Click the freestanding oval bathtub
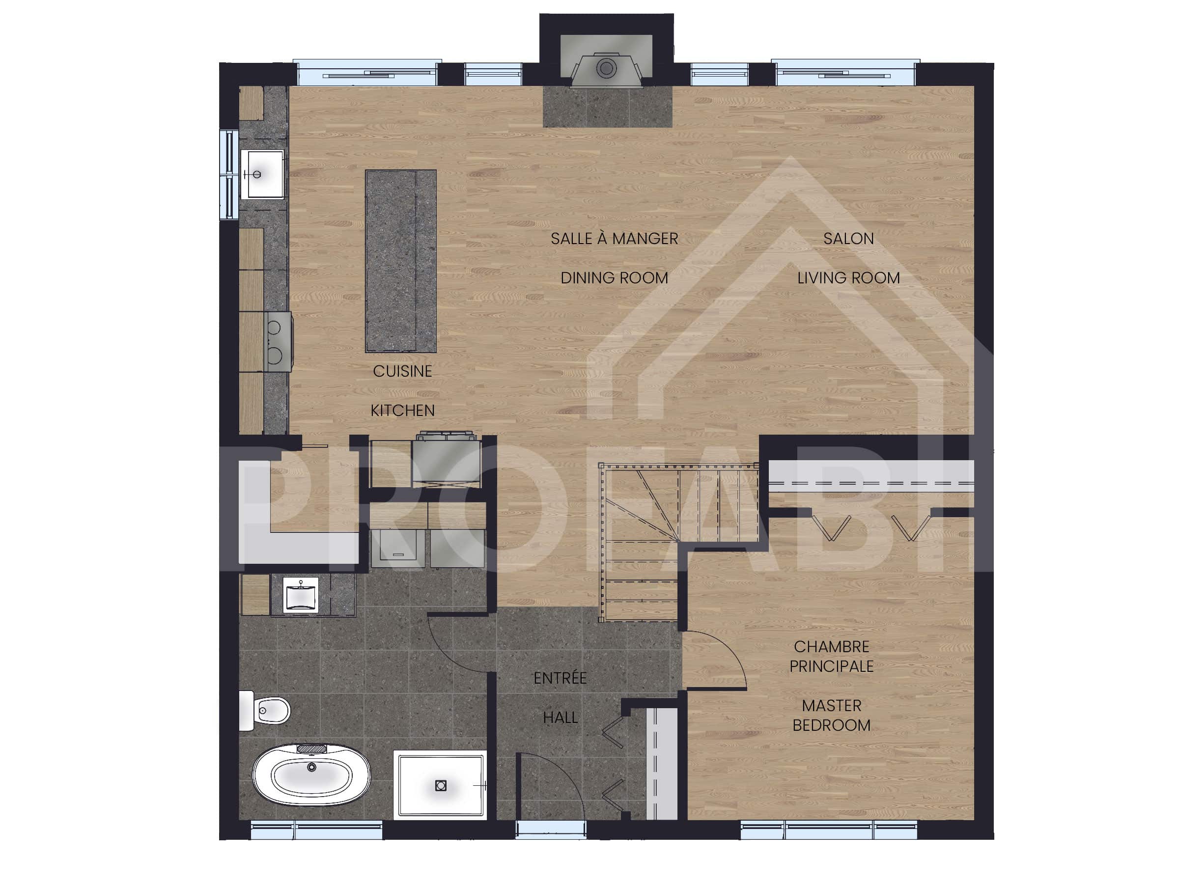[311, 774]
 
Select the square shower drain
[441, 785]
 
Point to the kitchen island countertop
[400, 261]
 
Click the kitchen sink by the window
[262, 174]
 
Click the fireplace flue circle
[606, 68]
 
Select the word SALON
[848, 239]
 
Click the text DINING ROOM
[614, 278]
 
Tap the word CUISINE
[402, 371]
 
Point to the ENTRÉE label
[560, 678]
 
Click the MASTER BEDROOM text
[832, 716]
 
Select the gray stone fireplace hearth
[607, 107]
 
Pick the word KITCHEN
[402, 411]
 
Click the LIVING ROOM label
[848, 278]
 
